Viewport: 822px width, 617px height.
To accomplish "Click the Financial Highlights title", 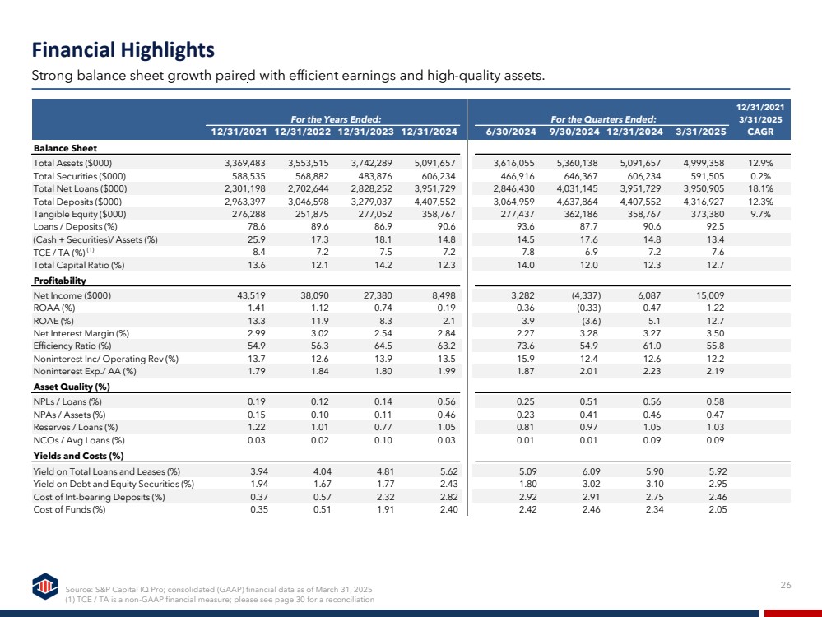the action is (123, 50).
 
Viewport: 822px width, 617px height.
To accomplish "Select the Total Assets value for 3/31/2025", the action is (704, 163).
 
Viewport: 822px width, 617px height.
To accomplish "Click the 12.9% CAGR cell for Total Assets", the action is (760, 163).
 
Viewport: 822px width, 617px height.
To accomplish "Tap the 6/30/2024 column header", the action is (511, 132).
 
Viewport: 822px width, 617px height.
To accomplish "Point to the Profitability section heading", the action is (60, 281).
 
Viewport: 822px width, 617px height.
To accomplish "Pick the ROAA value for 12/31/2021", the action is (257, 308).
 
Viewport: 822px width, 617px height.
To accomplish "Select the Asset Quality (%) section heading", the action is (72, 387).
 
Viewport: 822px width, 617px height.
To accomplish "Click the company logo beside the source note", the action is (45, 586).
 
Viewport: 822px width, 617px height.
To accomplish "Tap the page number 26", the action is (785, 585).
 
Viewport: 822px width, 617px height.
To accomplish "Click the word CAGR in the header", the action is (760, 132).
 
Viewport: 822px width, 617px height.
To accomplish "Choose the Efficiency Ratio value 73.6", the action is (525, 346).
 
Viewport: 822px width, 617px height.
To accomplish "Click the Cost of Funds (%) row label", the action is (69, 509).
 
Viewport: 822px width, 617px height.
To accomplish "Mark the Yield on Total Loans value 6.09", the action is (591, 471).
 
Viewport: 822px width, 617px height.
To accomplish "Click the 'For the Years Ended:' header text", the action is (336, 119).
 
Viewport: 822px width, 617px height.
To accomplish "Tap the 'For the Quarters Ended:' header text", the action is (603, 119).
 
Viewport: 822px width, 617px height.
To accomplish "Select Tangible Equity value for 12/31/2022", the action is (309, 214).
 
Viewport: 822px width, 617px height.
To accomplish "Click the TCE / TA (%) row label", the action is (63, 252).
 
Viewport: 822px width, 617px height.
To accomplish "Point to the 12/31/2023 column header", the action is (365, 132).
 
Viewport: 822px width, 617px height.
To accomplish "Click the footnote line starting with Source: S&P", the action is (219, 589).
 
